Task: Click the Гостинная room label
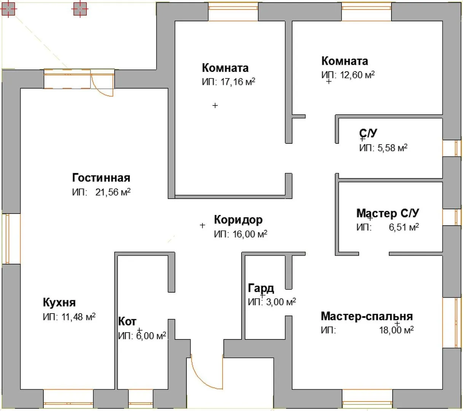pos(101,178)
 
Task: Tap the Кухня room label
pos(59,303)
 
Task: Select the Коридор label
pos(238,220)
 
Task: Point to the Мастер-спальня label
pos(367,316)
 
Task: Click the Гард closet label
pos(261,288)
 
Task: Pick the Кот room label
pos(127,322)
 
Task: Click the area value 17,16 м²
pos(238,81)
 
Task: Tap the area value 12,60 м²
pos(357,75)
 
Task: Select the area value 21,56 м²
pos(113,192)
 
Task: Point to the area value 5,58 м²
pos(392,148)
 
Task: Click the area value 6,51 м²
pos(404,227)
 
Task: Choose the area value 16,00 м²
pos(250,234)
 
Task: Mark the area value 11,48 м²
pos(78,317)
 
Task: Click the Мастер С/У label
pos(388,213)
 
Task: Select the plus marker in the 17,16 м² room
pos(215,105)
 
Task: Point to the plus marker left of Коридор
pos(202,225)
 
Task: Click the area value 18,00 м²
pos(396,330)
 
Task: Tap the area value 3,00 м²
pos(281,302)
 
